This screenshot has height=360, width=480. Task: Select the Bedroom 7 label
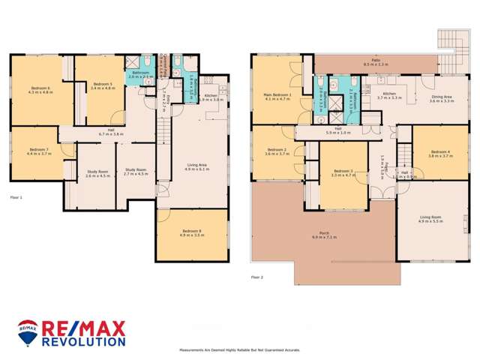37,151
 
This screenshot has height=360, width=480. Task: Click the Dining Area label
441,97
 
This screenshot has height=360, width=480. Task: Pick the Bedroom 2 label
275,151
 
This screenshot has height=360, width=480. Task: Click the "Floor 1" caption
16,197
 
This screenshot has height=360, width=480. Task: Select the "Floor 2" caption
257,277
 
